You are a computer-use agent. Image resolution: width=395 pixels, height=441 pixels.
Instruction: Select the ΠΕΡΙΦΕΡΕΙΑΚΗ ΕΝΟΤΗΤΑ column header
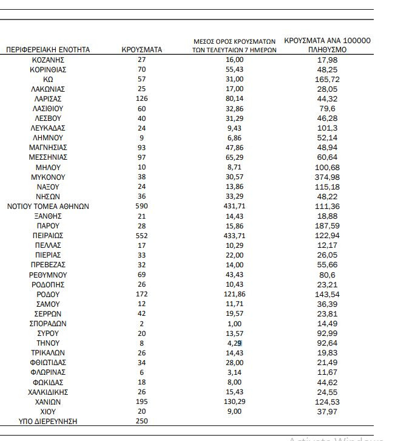click(x=48, y=50)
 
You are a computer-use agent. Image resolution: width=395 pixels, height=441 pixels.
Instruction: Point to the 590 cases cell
click(x=142, y=206)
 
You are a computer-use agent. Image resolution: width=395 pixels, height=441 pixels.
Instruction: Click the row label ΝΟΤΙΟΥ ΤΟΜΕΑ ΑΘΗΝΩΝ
click(x=48, y=206)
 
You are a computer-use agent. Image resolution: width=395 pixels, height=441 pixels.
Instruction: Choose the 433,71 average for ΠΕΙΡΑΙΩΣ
click(x=234, y=235)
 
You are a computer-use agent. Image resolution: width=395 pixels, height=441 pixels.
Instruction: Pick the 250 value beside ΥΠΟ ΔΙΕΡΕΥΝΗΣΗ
click(x=142, y=421)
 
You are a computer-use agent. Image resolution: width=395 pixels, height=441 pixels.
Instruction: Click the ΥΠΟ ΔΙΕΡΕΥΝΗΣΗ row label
click(x=48, y=421)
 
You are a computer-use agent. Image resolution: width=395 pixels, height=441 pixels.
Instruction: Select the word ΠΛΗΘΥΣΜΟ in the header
click(x=327, y=50)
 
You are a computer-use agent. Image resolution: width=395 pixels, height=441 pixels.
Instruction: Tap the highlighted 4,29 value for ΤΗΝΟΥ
click(x=234, y=343)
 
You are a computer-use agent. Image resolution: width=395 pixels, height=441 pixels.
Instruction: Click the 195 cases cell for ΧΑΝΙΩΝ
click(x=142, y=402)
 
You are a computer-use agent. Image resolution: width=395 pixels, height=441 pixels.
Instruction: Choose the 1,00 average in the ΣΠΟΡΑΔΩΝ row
click(x=234, y=323)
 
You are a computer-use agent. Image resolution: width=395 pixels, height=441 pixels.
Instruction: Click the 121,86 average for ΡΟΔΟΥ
click(x=234, y=294)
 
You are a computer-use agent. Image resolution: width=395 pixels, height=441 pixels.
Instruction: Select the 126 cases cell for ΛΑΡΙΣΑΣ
click(x=142, y=98)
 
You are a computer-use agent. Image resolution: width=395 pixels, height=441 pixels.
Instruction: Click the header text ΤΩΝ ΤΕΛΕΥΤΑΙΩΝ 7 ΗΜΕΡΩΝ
click(x=234, y=50)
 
